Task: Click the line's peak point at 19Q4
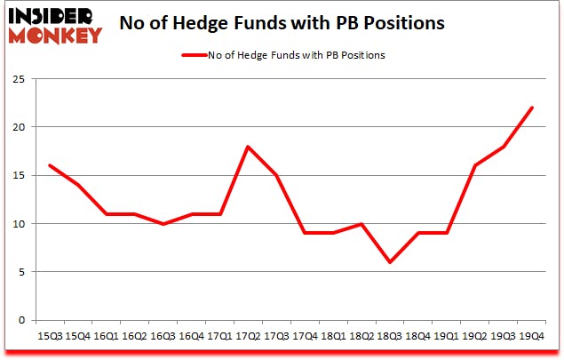point(531,108)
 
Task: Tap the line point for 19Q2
point(476,165)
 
